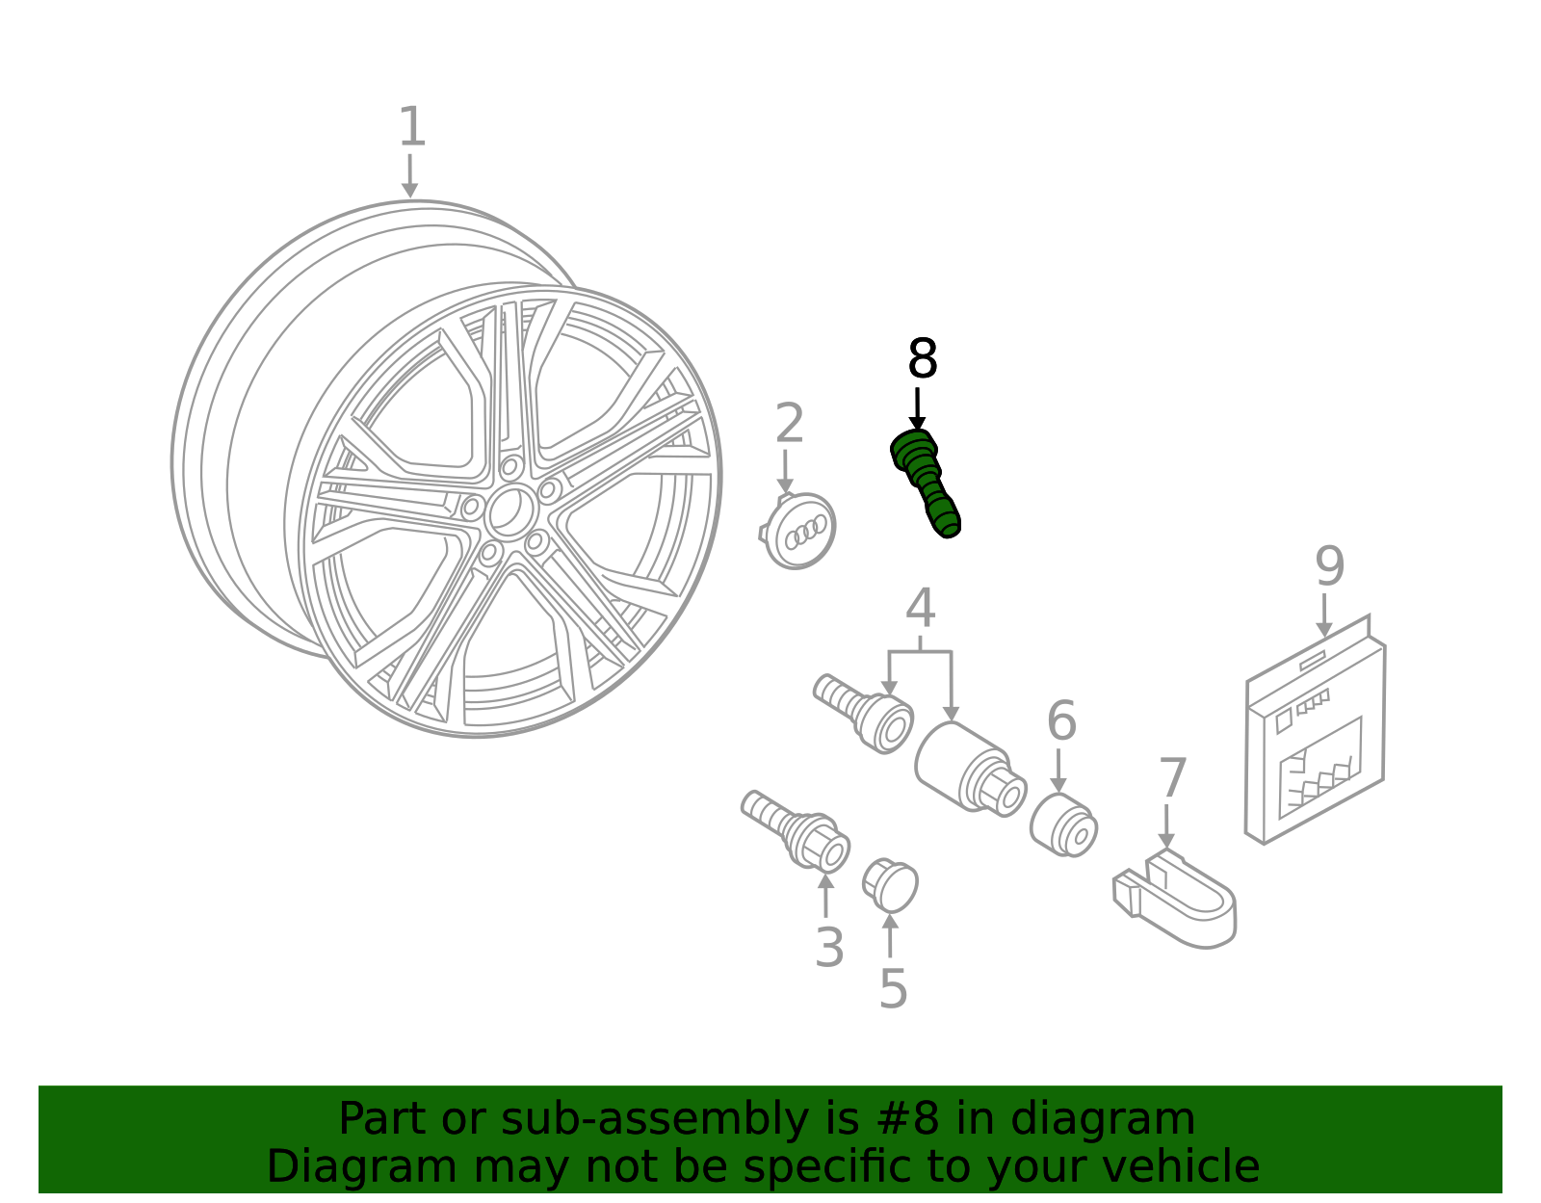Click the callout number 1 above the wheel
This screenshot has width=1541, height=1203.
point(411,128)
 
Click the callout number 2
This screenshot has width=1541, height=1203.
point(789,426)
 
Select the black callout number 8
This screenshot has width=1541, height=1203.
point(922,360)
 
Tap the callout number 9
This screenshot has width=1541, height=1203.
point(1329,567)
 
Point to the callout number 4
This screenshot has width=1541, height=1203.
point(920,610)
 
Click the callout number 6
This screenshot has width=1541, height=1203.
point(1060,722)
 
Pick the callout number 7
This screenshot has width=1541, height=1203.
point(1172,779)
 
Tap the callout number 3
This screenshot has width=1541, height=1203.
point(829,949)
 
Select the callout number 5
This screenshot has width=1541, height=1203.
point(893,989)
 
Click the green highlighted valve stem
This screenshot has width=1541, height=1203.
point(925,483)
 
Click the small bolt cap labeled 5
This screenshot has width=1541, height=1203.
point(891,884)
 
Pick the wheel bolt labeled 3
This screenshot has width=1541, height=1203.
point(797,829)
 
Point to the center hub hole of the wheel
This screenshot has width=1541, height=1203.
point(509,511)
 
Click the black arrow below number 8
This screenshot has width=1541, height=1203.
point(917,409)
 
